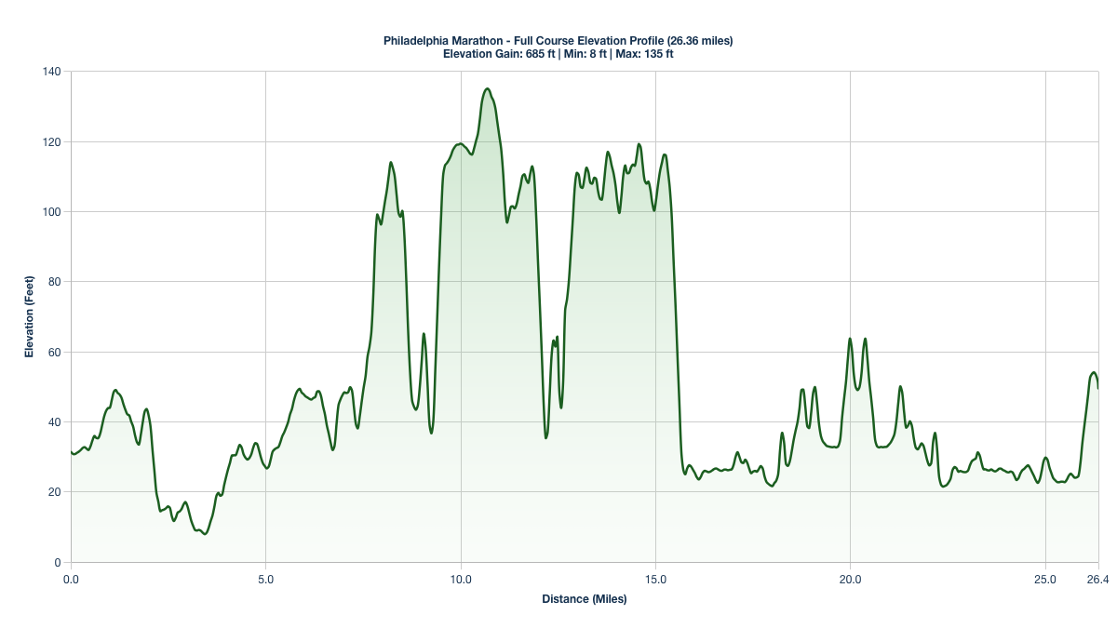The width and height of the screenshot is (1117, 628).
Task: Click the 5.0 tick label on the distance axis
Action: point(265,580)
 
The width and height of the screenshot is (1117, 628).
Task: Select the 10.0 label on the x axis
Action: point(461,580)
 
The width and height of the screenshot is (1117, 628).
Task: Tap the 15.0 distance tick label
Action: point(655,580)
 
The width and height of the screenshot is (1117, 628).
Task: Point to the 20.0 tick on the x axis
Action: point(850,580)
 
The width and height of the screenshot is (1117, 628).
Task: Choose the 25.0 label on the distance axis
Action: point(1045,580)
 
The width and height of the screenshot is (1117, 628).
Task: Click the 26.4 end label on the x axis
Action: point(1098,580)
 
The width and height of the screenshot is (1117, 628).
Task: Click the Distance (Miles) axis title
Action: point(585,599)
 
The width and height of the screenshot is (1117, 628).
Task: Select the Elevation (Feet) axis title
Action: point(30,317)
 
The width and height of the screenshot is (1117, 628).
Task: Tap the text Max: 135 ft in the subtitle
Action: point(644,54)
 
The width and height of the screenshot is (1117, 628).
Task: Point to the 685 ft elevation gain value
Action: point(539,54)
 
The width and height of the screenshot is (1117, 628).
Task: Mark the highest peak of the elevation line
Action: point(487,89)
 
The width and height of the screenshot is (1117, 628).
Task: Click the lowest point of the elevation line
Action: point(205,534)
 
